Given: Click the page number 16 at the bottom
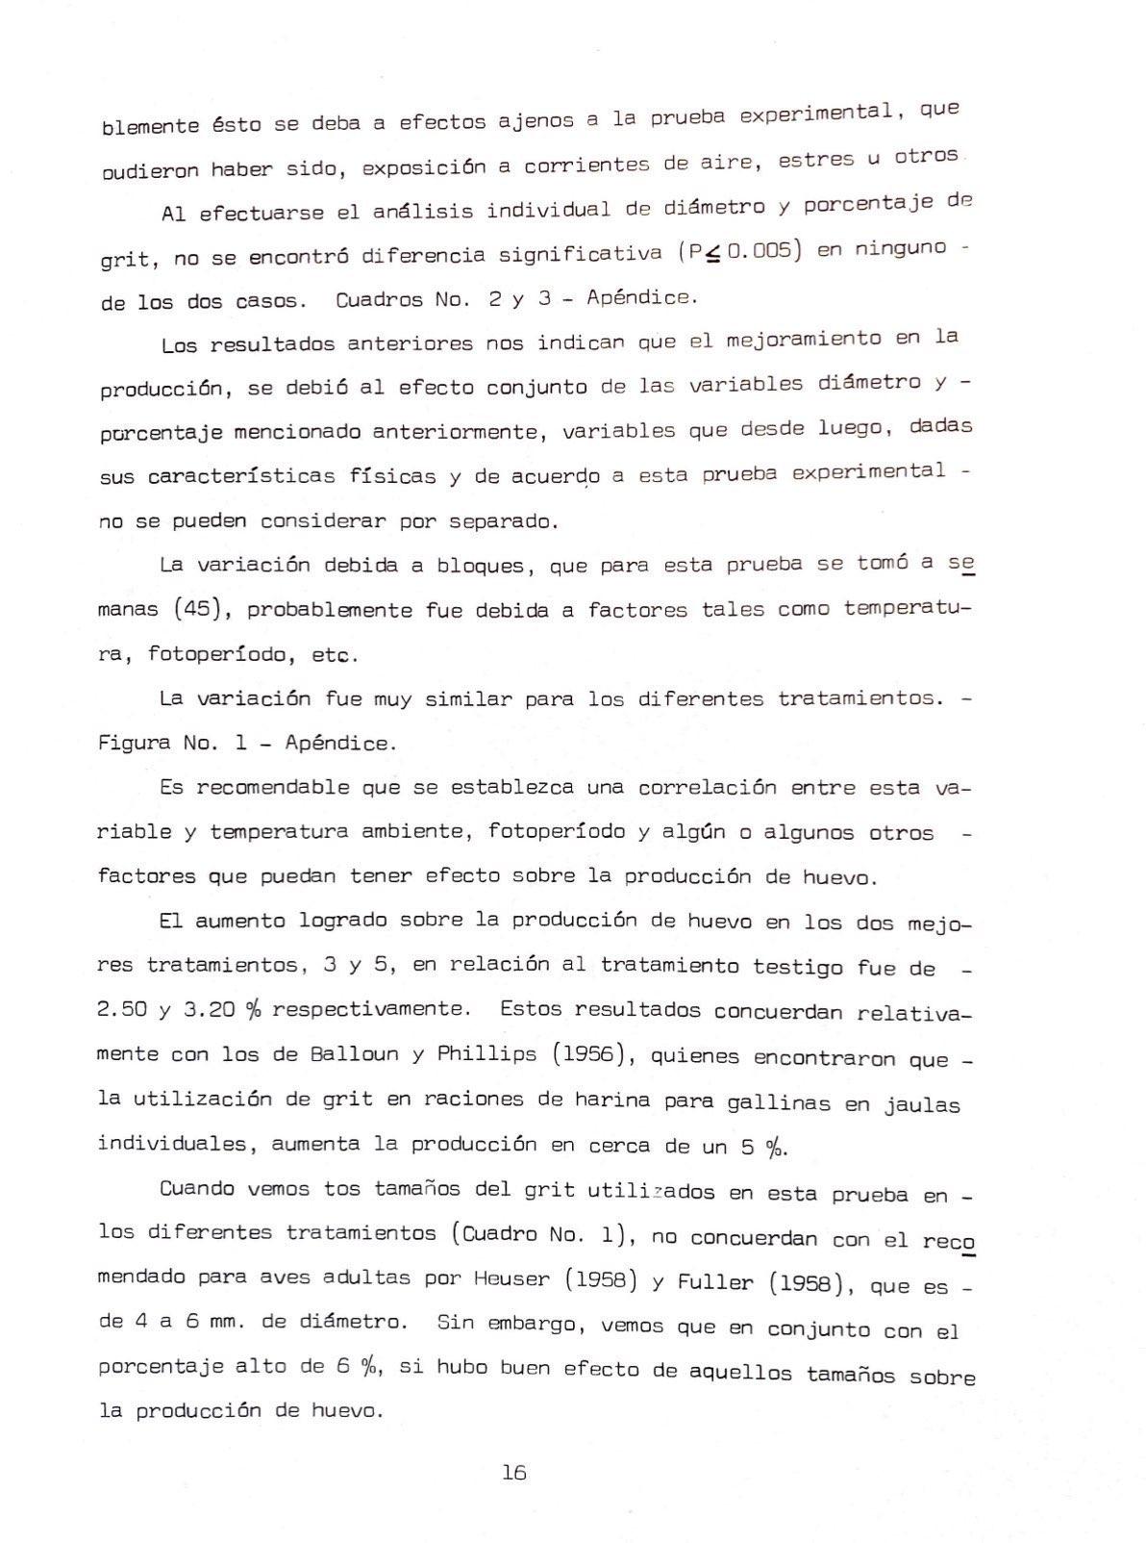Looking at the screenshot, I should click(x=513, y=1472).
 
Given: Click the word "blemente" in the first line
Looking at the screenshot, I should click(x=149, y=126).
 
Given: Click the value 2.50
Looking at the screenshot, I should click(x=122, y=1009).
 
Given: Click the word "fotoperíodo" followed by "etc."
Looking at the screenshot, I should click(x=218, y=654).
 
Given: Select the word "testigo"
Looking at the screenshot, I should click(x=797, y=967).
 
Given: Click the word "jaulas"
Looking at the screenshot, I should click(x=922, y=1105).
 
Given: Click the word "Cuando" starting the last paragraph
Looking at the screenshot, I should click(x=197, y=1188).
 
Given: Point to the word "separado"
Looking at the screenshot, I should click(x=504, y=521).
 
